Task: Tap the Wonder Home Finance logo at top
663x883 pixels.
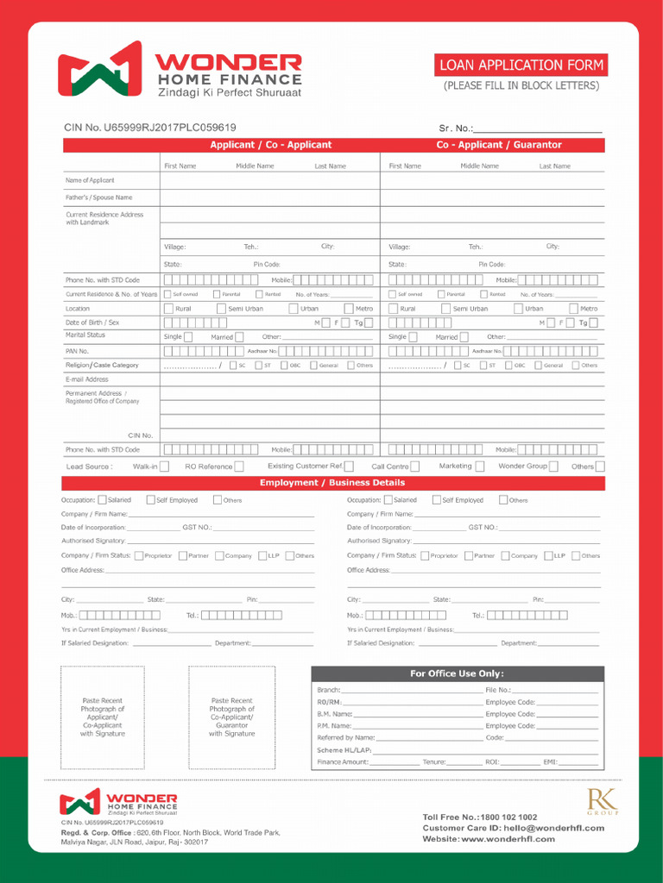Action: pyautogui.click(x=180, y=73)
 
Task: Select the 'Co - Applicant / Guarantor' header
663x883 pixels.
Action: pyautogui.click(x=498, y=145)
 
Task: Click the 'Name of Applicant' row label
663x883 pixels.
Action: pyautogui.click(x=90, y=180)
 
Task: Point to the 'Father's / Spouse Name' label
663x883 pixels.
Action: pyautogui.click(x=98, y=197)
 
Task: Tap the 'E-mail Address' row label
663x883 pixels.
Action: pyautogui.click(x=87, y=379)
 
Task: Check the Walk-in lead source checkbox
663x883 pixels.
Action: pyautogui.click(x=164, y=467)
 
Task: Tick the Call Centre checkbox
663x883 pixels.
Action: pyautogui.click(x=415, y=467)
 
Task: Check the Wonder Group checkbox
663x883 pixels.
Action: pyautogui.click(x=553, y=467)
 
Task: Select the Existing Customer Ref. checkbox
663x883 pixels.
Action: pyautogui.click(x=349, y=467)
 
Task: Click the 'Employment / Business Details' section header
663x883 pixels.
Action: pyautogui.click(x=332, y=483)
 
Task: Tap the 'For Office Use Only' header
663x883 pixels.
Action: pyautogui.click(x=457, y=673)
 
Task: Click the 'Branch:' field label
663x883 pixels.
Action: pyautogui.click(x=329, y=690)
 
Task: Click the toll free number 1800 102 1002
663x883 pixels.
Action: pyautogui.click(x=480, y=817)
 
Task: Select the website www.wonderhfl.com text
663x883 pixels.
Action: pyautogui.click(x=489, y=839)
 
